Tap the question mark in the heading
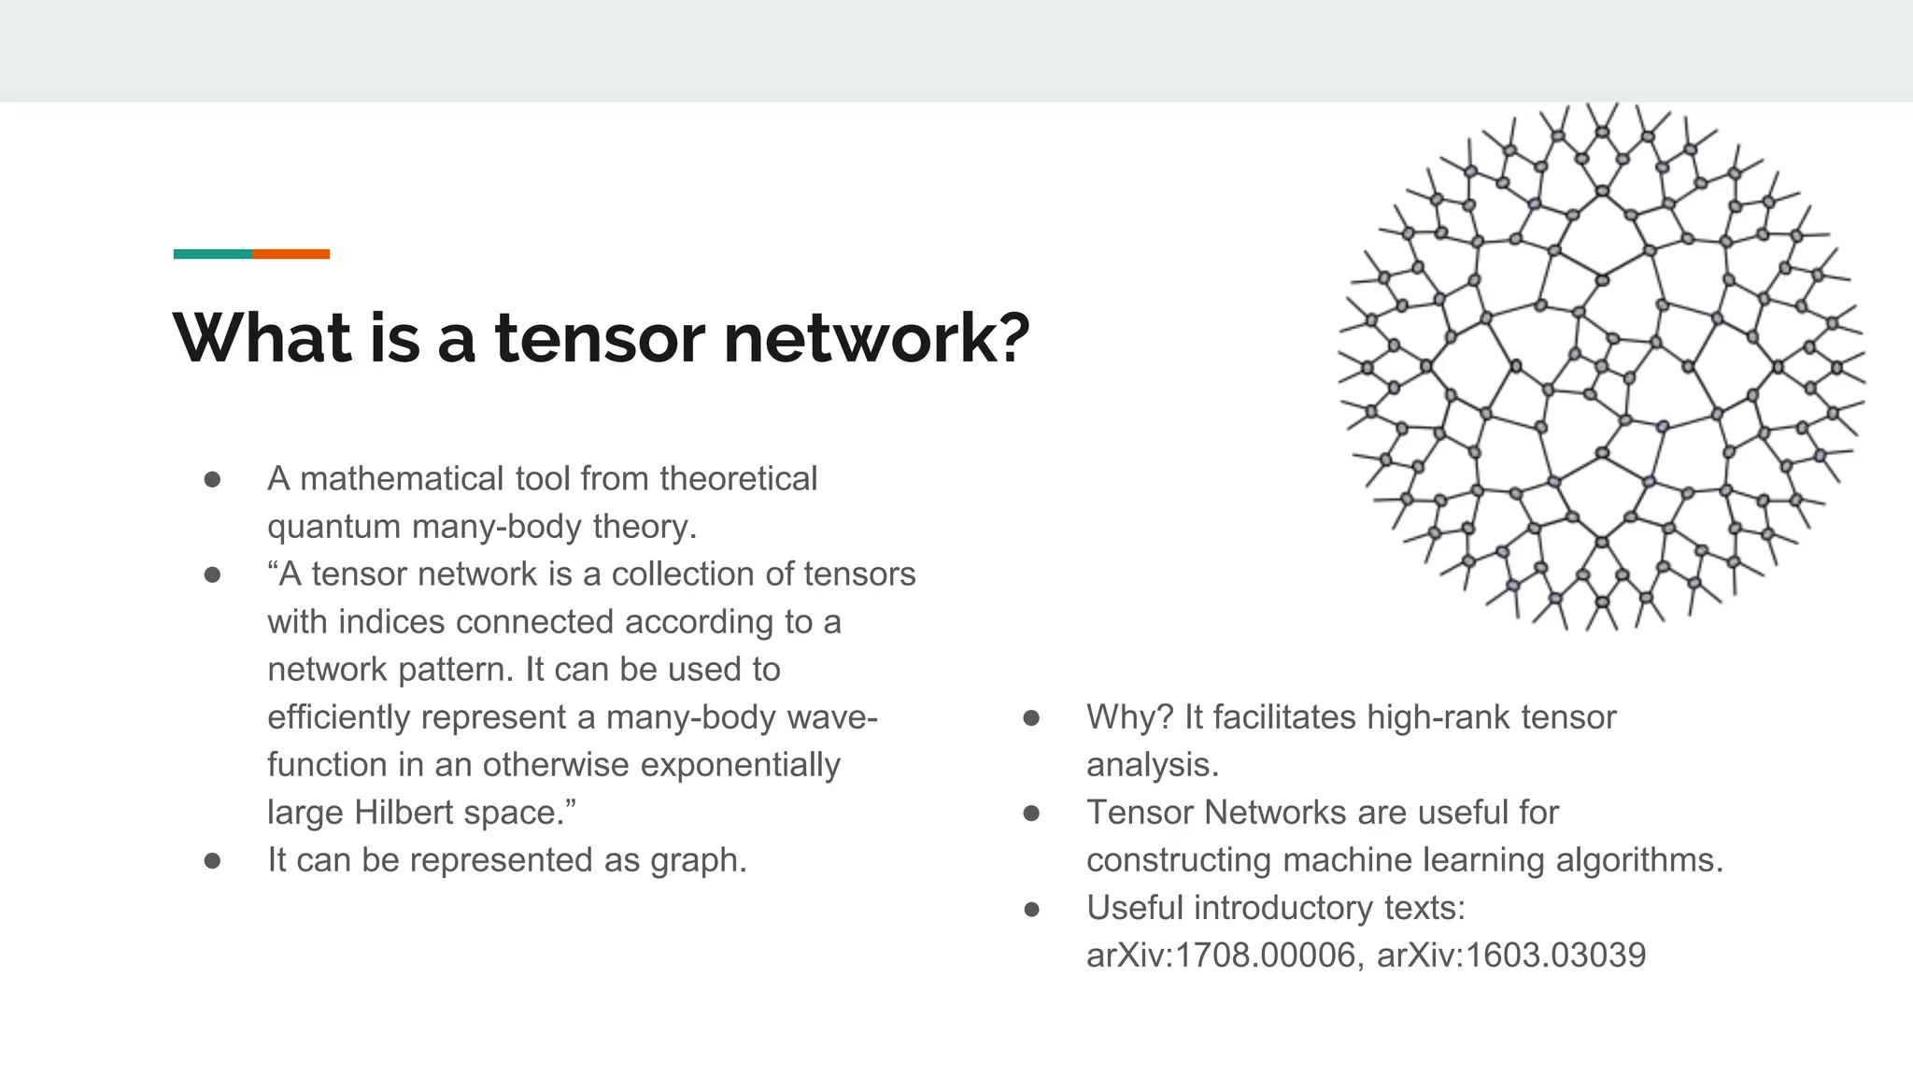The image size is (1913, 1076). [1007, 337]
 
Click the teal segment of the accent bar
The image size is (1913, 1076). [213, 254]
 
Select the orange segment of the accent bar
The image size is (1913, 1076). [290, 254]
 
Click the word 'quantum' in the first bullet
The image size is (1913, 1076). [334, 527]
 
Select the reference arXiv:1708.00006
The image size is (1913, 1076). [1220, 956]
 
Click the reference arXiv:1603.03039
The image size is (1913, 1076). [1510, 956]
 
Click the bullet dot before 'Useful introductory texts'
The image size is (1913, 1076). [1032, 909]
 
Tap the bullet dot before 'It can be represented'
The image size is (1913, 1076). [213, 861]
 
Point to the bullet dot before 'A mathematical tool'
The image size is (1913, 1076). [213, 480]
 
